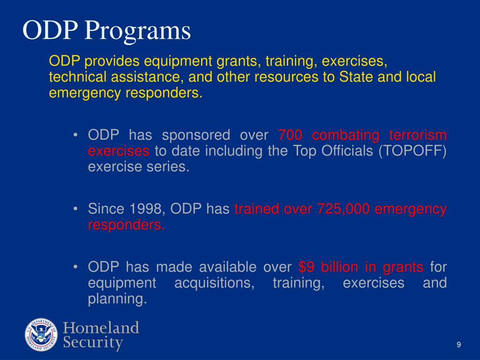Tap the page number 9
[x=459, y=345]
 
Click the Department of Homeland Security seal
[x=41, y=335]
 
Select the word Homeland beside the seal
[x=101, y=328]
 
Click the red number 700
[x=290, y=136]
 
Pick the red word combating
[x=345, y=136]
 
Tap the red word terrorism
[x=418, y=136]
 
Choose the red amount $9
[x=306, y=267]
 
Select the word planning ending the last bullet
[x=117, y=300]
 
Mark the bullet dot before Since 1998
[x=75, y=210]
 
